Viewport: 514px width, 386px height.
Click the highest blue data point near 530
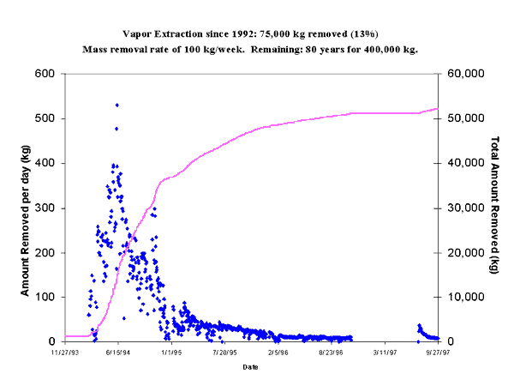click(x=117, y=105)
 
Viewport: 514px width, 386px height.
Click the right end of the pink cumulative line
click(x=438, y=108)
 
